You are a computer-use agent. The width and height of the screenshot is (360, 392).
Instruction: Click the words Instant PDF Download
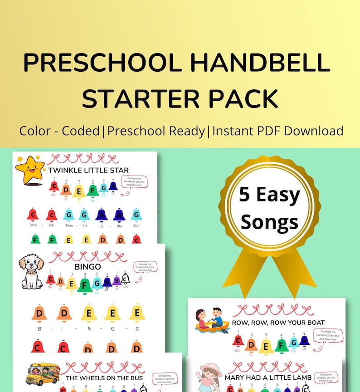pos(277,131)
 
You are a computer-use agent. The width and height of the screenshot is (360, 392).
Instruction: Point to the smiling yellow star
pos(29,169)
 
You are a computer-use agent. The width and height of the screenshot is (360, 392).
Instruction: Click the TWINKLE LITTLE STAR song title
pos(88,171)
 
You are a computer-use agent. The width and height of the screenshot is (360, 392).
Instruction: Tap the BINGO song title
pos(88,267)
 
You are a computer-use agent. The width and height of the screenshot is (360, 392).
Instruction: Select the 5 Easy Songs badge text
pos(269,208)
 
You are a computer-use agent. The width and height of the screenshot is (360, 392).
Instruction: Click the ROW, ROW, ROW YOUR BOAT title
pos(278,323)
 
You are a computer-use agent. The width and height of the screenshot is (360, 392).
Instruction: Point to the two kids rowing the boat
pos(211,320)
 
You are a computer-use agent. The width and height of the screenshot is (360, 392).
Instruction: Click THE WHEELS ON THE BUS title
pos(104,378)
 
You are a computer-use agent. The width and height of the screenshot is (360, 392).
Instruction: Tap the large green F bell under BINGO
pos(84,285)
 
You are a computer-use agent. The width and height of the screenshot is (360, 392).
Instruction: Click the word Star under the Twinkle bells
pos(136,225)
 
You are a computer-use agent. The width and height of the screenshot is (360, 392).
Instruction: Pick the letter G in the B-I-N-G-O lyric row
pos(112,328)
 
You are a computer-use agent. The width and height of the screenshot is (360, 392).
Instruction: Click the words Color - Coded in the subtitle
pos(59,131)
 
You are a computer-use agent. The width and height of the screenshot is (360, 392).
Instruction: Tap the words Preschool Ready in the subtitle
pos(156,131)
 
